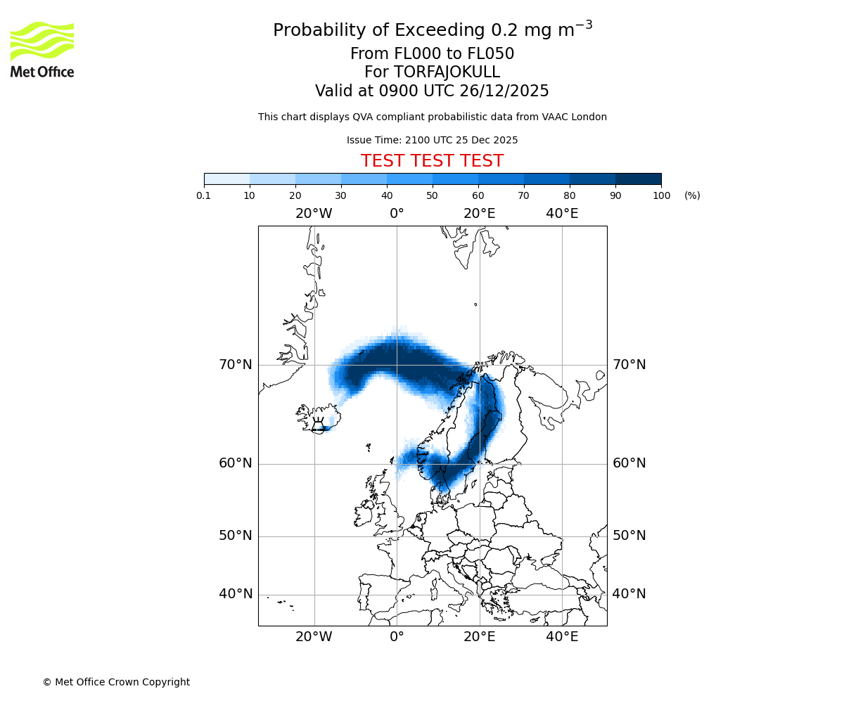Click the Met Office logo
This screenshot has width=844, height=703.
click(42, 49)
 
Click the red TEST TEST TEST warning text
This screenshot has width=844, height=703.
click(432, 161)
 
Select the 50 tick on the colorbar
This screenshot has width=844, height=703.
click(433, 195)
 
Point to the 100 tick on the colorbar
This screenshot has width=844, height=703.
click(661, 195)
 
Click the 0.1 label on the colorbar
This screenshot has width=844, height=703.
click(204, 195)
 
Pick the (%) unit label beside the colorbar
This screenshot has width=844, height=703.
click(692, 195)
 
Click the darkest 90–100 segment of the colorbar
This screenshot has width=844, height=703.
click(638, 179)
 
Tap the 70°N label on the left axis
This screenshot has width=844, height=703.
click(235, 365)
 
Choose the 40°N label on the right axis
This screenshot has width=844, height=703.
click(629, 594)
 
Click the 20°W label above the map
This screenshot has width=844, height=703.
click(314, 214)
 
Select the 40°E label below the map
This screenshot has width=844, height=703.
click(562, 637)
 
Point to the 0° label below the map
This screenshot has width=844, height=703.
click(397, 637)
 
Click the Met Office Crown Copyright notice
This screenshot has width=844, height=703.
click(116, 682)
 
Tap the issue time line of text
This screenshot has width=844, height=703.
click(432, 140)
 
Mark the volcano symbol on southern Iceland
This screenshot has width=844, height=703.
click(318, 424)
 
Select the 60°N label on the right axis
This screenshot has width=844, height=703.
click(629, 463)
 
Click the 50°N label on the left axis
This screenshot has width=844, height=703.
click(235, 536)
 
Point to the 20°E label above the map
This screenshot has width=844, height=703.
click(480, 214)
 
